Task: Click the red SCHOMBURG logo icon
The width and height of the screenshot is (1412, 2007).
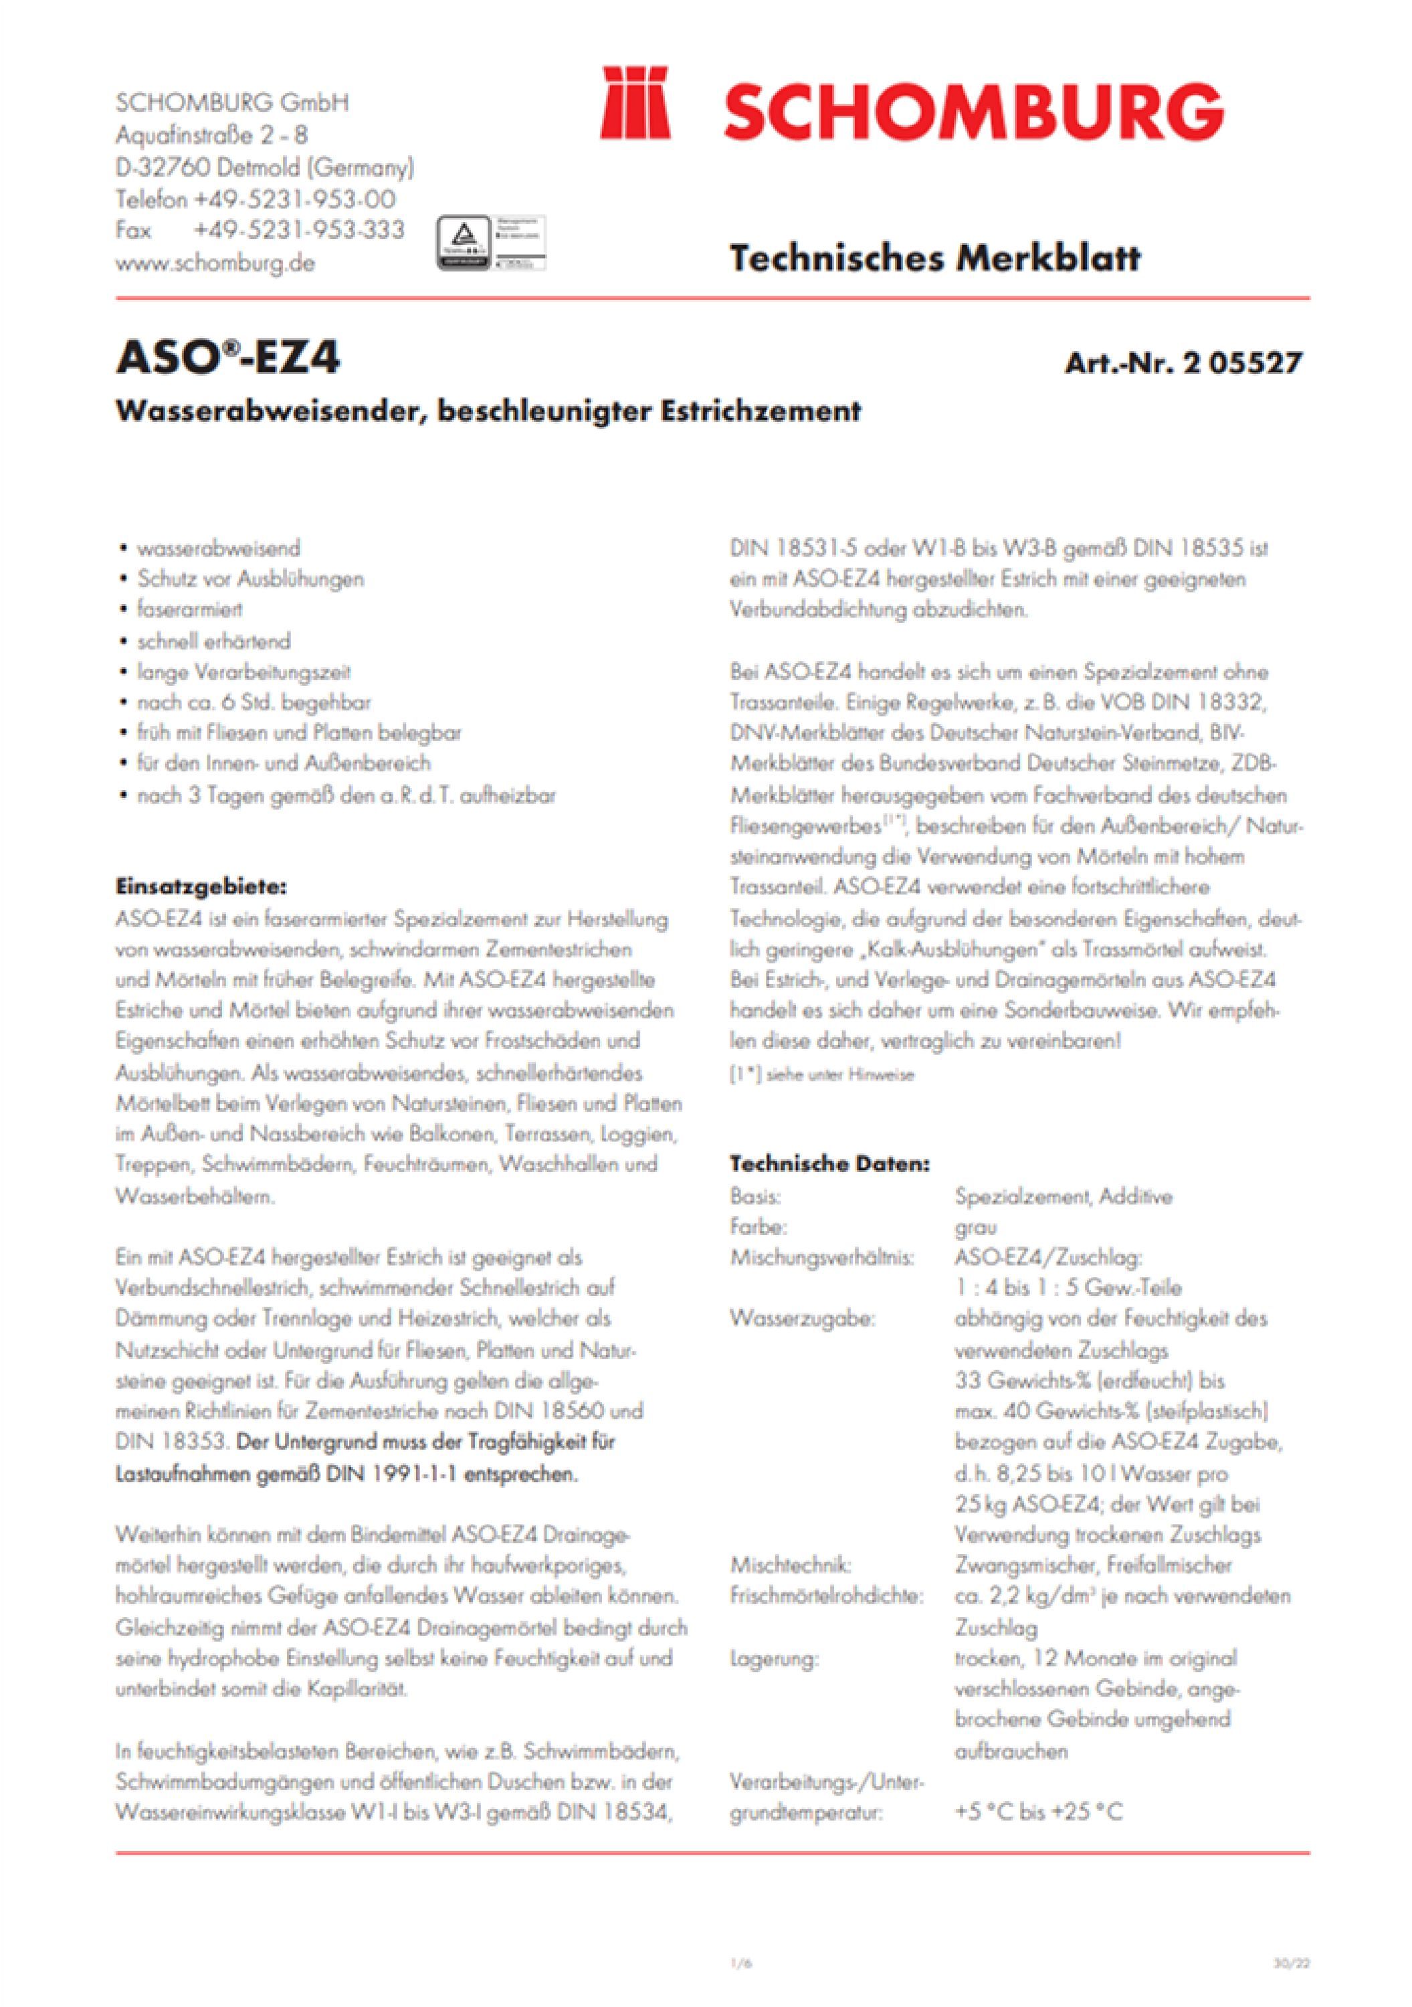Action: tap(635, 102)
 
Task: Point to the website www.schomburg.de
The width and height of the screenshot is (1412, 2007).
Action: tap(214, 263)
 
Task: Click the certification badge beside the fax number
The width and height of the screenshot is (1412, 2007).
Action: tap(490, 242)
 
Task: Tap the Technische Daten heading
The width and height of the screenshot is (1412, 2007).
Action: tap(829, 1163)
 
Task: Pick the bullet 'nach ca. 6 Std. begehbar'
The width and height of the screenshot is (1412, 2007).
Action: tap(254, 702)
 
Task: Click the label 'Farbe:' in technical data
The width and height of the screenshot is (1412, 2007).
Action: tap(759, 1226)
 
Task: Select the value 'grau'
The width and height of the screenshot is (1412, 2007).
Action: tap(975, 1227)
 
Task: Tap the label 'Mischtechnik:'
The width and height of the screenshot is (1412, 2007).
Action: tap(790, 1565)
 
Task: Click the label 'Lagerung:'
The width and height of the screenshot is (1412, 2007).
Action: tap(774, 1658)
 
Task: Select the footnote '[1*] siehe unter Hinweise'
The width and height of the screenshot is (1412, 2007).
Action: tap(821, 1075)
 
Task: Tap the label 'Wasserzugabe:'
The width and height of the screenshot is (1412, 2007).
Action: tap(802, 1318)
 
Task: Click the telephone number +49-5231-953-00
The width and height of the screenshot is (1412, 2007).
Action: tap(294, 199)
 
